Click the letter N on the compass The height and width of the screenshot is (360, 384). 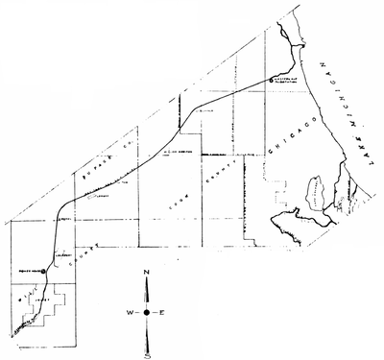[x=147, y=275]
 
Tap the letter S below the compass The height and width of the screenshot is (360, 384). [x=147, y=353]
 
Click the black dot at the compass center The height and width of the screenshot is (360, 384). [x=147, y=313]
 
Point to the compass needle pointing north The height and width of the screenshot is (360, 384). [x=147, y=293]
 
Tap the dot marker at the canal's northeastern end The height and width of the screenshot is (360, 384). [x=272, y=79]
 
